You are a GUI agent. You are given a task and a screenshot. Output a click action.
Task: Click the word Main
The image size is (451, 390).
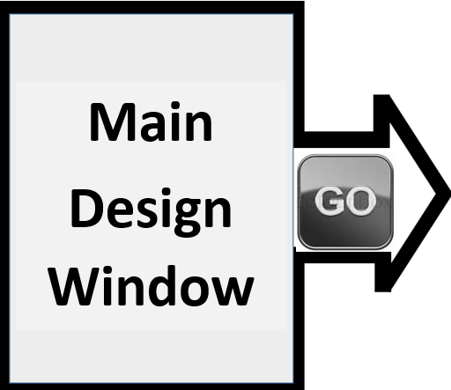pos(151,121)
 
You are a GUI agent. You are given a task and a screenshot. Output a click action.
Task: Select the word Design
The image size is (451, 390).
pos(151,212)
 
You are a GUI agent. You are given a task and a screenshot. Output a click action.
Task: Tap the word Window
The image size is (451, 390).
pos(151,285)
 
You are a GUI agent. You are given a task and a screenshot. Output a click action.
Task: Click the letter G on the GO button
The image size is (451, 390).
pos(329,201)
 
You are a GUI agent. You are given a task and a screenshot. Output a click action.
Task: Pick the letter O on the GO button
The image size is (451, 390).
pos(360,201)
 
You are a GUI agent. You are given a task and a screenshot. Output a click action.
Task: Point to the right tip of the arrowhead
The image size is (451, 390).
pos(449,194)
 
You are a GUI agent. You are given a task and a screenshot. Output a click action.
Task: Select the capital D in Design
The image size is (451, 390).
pos(86,208)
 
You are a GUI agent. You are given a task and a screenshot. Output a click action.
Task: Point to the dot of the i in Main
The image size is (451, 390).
pos(175,106)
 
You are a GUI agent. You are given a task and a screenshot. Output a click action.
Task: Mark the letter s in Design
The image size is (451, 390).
pos(147,212)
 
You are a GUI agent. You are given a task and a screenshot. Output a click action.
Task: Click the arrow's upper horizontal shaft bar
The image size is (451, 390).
pos(338,140)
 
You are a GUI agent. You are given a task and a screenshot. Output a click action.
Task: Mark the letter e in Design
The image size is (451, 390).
pos(119,212)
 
